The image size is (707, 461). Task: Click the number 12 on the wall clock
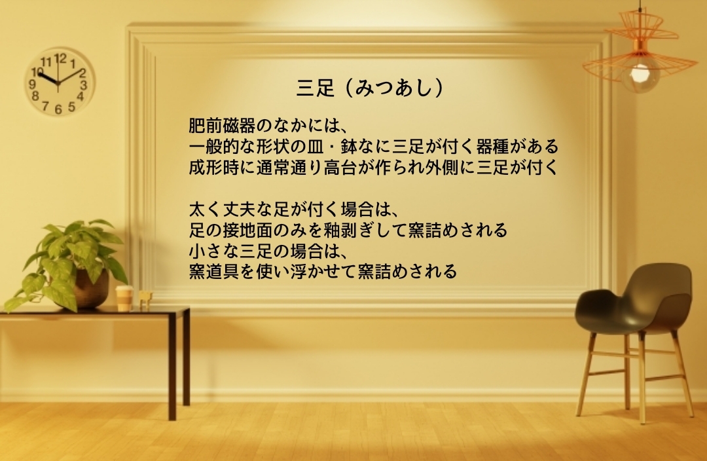click(60, 58)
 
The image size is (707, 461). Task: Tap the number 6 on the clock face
click(58, 109)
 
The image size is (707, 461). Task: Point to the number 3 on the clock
click(83, 85)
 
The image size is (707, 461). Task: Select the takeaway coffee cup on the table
click(124, 298)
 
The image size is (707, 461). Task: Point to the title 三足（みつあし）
click(370, 88)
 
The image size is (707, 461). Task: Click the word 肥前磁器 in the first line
click(222, 125)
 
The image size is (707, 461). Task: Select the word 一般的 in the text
click(213, 147)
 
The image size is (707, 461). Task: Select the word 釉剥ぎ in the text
click(340, 230)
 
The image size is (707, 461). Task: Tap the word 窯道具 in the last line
click(213, 272)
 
